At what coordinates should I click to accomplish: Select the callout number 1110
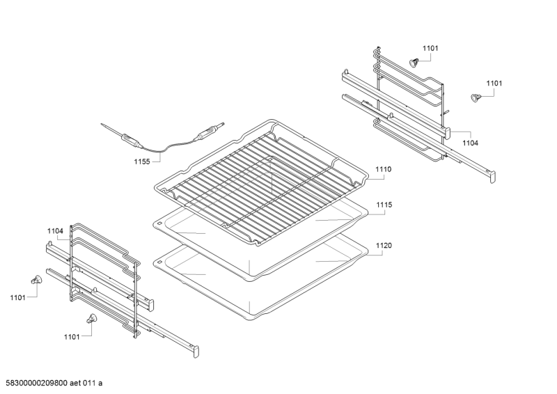point(384,169)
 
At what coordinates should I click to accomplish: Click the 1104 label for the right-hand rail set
point(471,142)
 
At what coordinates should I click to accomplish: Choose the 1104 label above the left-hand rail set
point(55,230)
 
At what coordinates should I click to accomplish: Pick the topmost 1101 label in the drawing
point(430,48)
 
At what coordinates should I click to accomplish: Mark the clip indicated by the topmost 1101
point(414,62)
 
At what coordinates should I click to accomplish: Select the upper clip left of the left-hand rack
point(36,280)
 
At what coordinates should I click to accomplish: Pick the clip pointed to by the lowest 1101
point(90,318)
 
